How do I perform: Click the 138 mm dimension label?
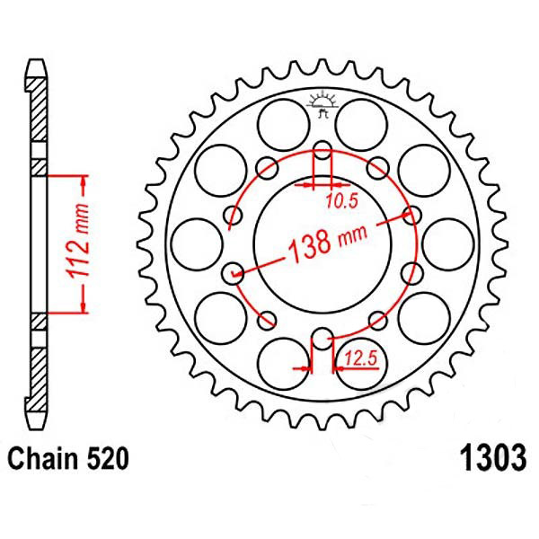tap(328, 242)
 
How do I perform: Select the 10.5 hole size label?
tap(341, 201)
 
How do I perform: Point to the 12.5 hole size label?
tap(361, 358)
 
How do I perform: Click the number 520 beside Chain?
tap(108, 459)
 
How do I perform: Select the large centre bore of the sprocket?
tap(323, 244)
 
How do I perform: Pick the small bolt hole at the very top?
tap(323, 150)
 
